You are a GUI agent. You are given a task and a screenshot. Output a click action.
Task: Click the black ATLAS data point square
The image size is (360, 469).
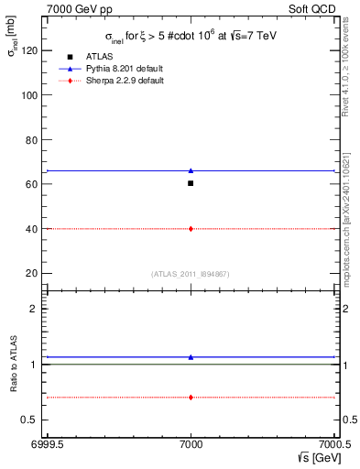click(x=191, y=183)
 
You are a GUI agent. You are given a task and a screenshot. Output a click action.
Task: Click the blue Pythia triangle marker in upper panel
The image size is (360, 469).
click(x=191, y=170)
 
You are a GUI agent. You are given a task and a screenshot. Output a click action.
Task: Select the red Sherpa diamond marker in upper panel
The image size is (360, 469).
click(x=191, y=228)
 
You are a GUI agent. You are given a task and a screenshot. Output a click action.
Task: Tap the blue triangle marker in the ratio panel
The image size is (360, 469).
click(x=191, y=357)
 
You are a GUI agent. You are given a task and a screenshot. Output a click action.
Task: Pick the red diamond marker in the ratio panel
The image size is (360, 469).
click(x=191, y=397)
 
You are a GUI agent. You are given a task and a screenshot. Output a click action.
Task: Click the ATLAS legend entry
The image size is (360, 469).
click(x=97, y=57)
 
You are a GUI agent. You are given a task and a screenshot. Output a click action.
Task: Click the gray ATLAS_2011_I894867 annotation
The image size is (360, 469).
click(x=191, y=274)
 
